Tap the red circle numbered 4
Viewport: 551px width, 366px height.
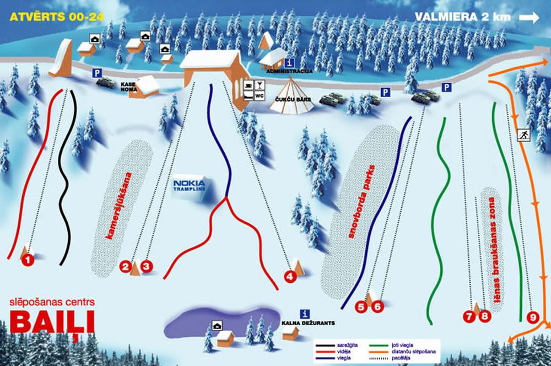pyautogui.click(x=290, y=276)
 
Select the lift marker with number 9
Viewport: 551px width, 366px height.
pyautogui.click(x=532, y=317)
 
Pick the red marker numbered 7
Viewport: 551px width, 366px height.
pyautogui.click(x=469, y=316)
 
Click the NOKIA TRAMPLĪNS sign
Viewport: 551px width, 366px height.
pyautogui.click(x=189, y=185)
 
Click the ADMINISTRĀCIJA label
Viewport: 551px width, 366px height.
pyautogui.click(x=289, y=72)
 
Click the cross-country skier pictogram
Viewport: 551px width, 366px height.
pyautogui.click(x=523, y=135)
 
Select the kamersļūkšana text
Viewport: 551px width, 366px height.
pyautogui.click(x=120, y=206)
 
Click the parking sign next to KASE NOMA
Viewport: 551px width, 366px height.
pyautogui.click(x=97, y=72)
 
